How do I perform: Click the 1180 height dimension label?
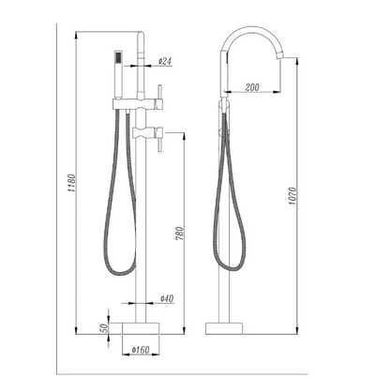(x=72, y=183)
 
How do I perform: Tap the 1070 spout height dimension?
(x=292, y=196)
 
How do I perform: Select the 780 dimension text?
(x=180, y=234)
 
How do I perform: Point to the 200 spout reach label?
(x=252, y=87)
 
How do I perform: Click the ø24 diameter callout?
(x=165, y=61)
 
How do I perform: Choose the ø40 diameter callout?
(x=167, y=298)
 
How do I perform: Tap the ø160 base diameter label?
(x=141, y=350)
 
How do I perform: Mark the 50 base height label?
(x=104, y=327)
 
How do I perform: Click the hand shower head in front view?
(x=118, y=74)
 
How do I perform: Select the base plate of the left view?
(x=141, y=328)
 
